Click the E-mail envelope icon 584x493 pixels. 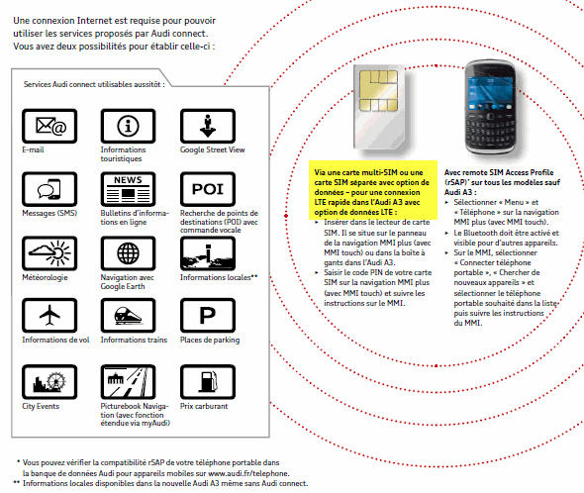[49, 126]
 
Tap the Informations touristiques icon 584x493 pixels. [128, 126]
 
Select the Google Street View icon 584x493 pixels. [208, 126]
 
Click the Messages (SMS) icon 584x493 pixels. [49, 189]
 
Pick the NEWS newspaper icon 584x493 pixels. [128, 189]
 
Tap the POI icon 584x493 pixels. [208, 189]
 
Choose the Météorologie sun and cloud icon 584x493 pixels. [49, 253]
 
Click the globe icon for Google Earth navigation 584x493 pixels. [128, 253]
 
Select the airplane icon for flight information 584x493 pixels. [49, 315]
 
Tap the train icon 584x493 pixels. [128, 315]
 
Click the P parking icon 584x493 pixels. [208, 315]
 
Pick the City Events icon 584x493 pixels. [49, 382]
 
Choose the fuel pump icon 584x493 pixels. [208, 382]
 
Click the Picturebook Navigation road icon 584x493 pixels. [128, 382]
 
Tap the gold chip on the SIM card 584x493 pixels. [378, 90]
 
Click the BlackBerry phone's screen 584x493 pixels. [491, 93]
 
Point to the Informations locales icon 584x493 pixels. [208, 253]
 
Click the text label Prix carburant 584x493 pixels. [204, 406]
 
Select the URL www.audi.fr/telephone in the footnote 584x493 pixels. [248, 473]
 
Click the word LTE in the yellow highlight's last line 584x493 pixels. [386, 212]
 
